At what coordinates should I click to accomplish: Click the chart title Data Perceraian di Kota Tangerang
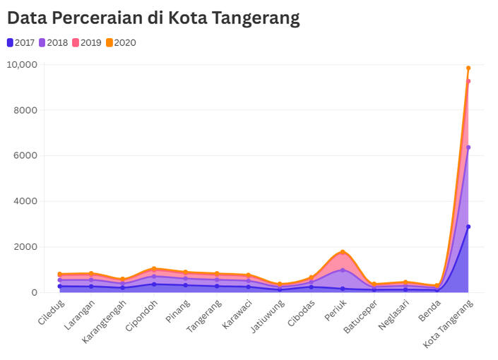click(x=153, y=18)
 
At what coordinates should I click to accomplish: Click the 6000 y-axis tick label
click(x=26, y=155)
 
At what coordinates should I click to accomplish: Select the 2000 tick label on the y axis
click(x=26, y=247)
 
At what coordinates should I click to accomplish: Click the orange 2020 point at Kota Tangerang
click(x=468, y=68)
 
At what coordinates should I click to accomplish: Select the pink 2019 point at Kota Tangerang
click(x=468, y=81)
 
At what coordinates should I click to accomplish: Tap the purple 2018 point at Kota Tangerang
click(x=468, y=148)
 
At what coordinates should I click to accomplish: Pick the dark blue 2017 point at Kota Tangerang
click(x=468, y=227)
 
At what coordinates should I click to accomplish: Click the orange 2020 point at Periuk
click(x=343, y=252)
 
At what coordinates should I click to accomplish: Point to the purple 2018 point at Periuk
click(x=343, y=270)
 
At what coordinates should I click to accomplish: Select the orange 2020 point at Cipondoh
click(x=154, y=268)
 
